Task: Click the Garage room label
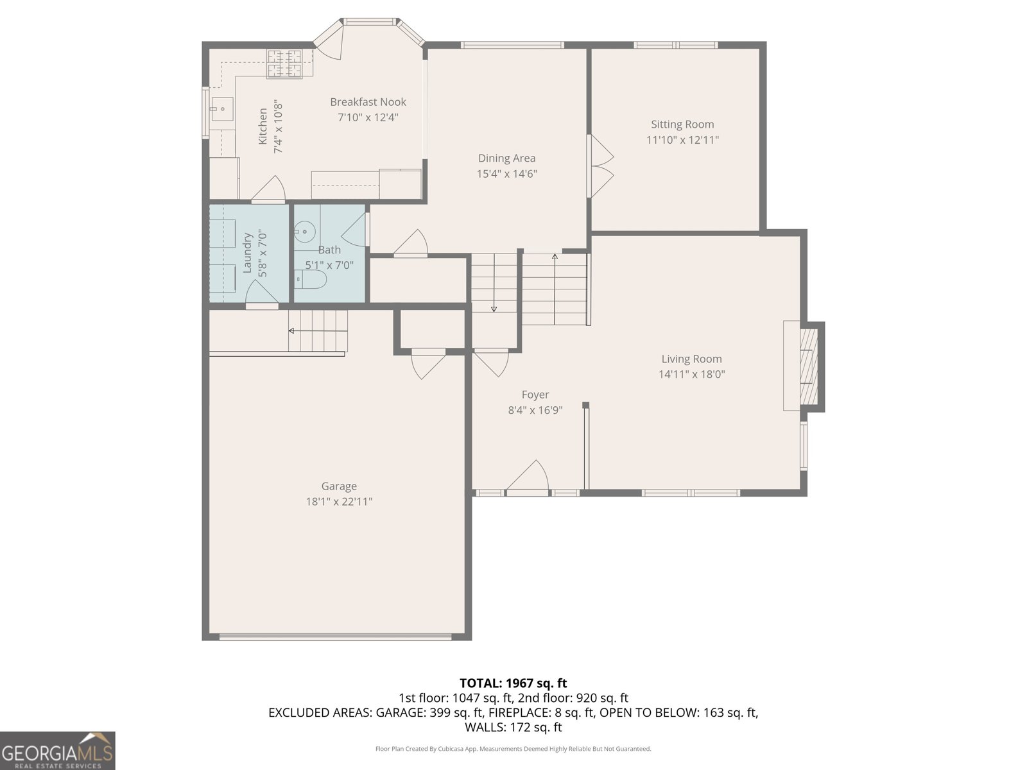[339, 486]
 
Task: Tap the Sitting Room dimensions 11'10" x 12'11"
[682, 140]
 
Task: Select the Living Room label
[691, 359]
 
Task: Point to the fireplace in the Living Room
[805, 366]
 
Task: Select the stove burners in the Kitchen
[284, 63]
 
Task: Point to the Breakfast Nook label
[368, 102]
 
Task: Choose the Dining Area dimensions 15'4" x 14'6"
[506, 174]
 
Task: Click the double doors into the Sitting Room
[600, 166]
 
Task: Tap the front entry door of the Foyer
[528, 479]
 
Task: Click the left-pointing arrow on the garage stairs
[292, 331]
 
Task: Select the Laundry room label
[247, 253]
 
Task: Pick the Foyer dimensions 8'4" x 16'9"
[535, 411]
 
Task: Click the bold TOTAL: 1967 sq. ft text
[513, 683]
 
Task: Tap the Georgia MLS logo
[57, 751]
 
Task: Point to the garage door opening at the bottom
[335, 637]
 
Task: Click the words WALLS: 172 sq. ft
[513, 727]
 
